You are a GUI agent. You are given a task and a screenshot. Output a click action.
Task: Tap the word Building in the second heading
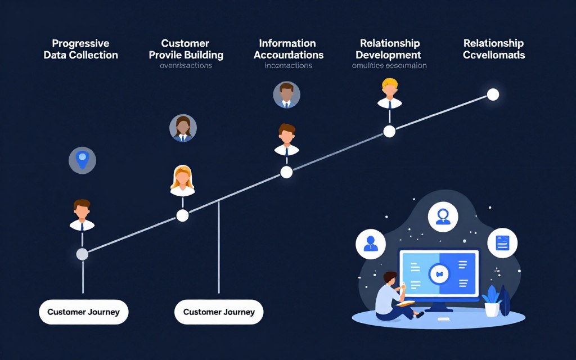click(x=201, y=55)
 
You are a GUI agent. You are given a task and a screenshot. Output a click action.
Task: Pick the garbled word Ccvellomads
click(x=494, y=55)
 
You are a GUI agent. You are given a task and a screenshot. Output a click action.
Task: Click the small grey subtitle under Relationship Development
click(x=389, y=66)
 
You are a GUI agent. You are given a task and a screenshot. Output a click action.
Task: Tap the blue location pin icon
click(x=82, y=160)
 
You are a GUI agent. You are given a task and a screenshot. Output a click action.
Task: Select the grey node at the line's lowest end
click(x=82, y=254)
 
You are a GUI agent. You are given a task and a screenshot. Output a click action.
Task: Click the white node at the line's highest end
click(x=493, y=94)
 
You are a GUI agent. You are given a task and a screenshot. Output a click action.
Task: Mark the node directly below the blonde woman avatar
click(x=182, y=215)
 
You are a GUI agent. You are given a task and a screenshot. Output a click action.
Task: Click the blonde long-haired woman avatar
click(x=182, y=181)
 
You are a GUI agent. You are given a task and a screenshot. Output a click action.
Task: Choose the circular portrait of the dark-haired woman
click(x=183, y=128)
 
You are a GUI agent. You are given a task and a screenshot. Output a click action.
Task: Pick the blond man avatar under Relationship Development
click(x=389, y=92)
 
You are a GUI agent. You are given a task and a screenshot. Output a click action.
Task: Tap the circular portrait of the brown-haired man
click(x=286, y=94)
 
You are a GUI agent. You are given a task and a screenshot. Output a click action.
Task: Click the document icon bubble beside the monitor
click(x=502, y=243)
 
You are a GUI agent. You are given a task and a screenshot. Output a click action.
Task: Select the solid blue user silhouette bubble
click(x=370, y=244)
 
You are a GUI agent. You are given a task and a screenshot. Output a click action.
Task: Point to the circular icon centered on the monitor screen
click(x=439, y=274)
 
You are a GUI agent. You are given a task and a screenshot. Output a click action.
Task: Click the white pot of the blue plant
click(x=492, y=309)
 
